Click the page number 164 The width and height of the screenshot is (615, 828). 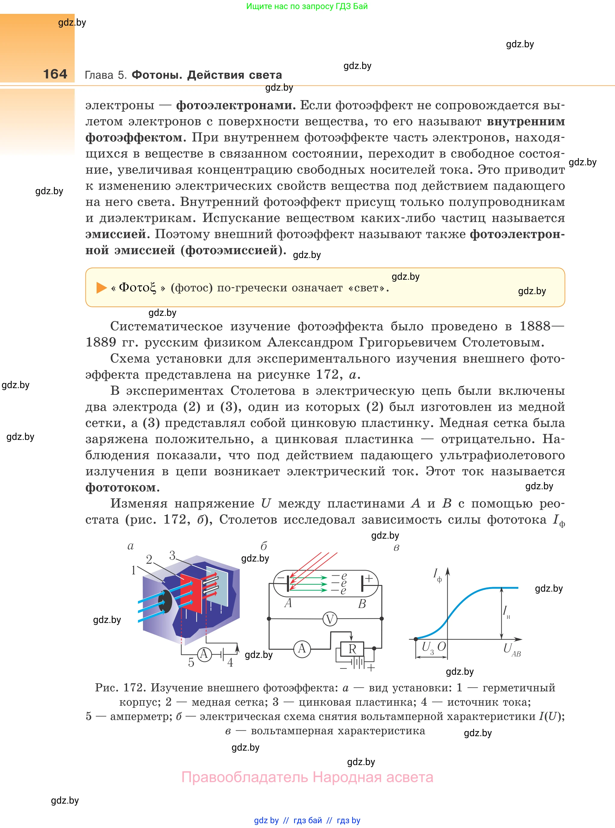[x=55, y=74]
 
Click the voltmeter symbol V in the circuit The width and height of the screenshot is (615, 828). [x=329, y=619]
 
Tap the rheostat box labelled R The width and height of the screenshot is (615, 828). [x=353, y=649]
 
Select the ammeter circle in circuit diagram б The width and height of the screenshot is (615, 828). [x=302, y=649]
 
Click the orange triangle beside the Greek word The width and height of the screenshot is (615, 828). [x=101, y=288]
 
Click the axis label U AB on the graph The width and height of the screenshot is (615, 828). [x=511, y=650]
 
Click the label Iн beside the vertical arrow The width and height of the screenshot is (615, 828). [x=506, y=611]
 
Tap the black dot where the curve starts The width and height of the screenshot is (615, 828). [x=416, y=639]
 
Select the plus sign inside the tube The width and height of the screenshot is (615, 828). [x=369, y=578]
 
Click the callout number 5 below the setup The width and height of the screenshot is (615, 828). [x=191, y=663]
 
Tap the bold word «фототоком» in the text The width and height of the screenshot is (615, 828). [x=123, y=487]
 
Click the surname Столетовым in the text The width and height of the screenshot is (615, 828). [x=503, y=342]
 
